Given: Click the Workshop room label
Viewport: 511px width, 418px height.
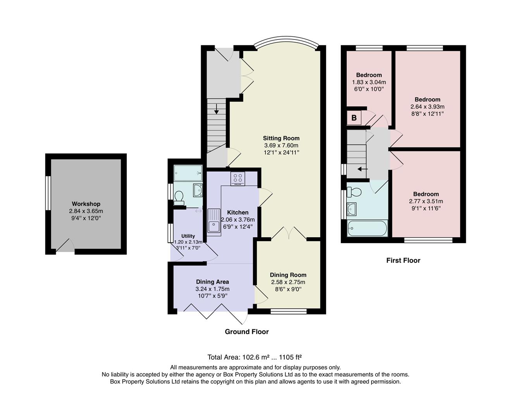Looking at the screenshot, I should [86, 204].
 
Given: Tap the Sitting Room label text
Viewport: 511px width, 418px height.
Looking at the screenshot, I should [281, 138].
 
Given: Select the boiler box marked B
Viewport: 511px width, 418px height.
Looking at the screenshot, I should [354, 118].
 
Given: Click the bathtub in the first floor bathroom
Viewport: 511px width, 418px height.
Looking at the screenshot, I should [367, 228].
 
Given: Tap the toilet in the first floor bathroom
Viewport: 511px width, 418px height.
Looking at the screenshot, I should [354, 192].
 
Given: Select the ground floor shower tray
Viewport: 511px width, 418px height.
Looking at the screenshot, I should [188, 173].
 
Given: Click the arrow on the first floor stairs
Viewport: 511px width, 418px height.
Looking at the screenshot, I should [362, 169].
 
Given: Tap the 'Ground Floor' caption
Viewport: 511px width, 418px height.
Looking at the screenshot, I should [247, 332].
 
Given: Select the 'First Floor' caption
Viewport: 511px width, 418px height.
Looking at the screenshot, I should [403, 260].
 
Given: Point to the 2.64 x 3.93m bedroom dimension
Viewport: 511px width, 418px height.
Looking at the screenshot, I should [427, 107].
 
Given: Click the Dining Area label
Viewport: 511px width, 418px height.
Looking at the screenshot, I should [212, 282].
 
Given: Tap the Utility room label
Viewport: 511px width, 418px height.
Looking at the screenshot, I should [188, 236].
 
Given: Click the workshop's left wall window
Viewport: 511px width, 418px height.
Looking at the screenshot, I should [48, 194].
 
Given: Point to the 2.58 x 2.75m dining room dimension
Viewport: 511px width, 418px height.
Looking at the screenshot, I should [288, 282].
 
